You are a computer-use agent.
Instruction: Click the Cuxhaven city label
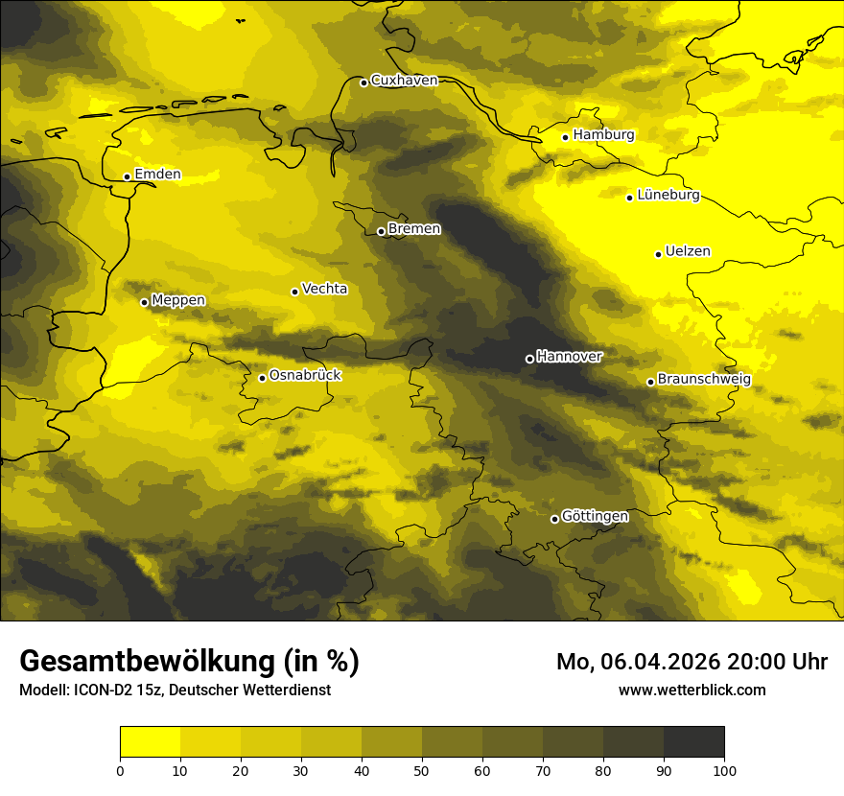(404, 81)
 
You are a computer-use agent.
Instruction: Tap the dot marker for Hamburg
(566, 137)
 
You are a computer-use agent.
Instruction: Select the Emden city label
(157, 175)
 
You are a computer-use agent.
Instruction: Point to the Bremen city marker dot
(381, 231)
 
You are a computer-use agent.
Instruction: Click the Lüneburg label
(668, 196)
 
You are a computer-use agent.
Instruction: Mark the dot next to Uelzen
(659, 254)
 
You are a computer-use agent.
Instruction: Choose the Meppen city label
(178, 300)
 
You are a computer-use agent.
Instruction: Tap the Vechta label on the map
(324, 289)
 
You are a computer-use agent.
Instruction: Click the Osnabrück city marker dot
(262, 378)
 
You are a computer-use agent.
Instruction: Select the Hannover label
(569, 357)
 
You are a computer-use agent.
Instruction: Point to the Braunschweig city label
(704, 380)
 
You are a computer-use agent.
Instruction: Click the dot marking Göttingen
(554, 519)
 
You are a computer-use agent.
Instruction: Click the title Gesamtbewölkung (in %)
(189, 662)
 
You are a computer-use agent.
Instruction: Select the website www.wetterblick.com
(692, 690)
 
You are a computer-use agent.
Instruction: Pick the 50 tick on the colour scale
(422, 770)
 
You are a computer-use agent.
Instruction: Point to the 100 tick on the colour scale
(724, 770)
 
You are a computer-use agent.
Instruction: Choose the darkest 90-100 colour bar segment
(693, 742)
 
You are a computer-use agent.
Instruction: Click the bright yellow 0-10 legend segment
(150, 742)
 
